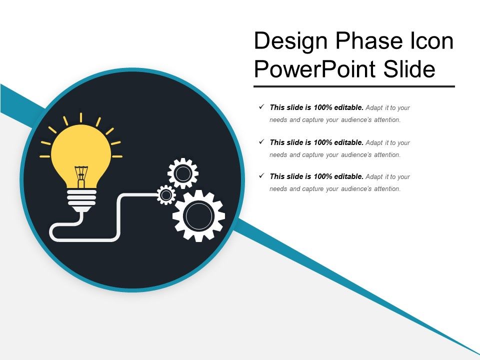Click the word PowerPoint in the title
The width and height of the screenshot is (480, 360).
(x=315, y=69)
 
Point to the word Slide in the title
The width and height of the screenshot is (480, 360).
(x=409, y=69)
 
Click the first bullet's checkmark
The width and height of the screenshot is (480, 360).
(x=261, y=107)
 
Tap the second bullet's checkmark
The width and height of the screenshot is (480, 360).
(x=261, y=142)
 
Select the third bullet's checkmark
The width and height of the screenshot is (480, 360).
(x=261, y=176)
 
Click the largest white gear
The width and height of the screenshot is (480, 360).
(x=198, y=215)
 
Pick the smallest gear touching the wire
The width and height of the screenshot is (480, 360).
(x=166, y=195)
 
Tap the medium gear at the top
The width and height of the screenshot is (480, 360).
(x=183, y=173)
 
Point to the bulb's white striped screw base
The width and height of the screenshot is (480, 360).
(x=81, y=197)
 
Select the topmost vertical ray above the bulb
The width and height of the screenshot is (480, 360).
(x=81, y=118)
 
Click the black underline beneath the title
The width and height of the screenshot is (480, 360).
(x=354, y=86)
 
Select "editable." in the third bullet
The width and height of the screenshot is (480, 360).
(x=346, y=176)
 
